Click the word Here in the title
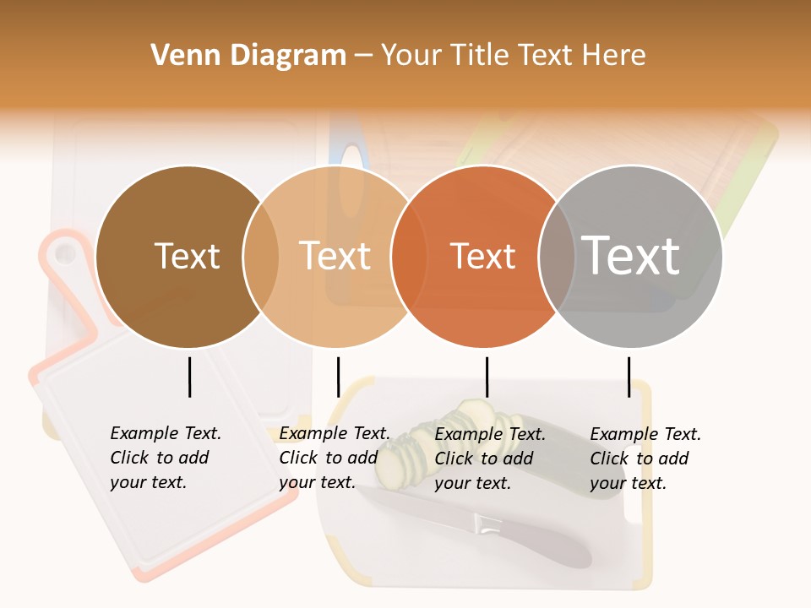tap(614, 56)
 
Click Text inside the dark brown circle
tap(187, 256)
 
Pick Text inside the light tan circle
tap(335, 256)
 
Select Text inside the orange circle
tap(482, 256)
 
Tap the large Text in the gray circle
tap(631, 255)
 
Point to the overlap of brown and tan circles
tap(261, 257)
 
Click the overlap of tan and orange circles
tap(409, 257)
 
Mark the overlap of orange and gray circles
tap(557, 257)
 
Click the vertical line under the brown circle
tap(190, 377)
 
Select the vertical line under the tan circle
tap(338, 377)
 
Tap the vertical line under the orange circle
tap(487, 377)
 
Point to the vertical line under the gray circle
tap(629, 377)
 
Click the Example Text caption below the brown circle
tap(165, 458)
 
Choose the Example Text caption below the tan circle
tap(334, 458)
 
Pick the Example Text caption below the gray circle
tap(645, 458)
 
